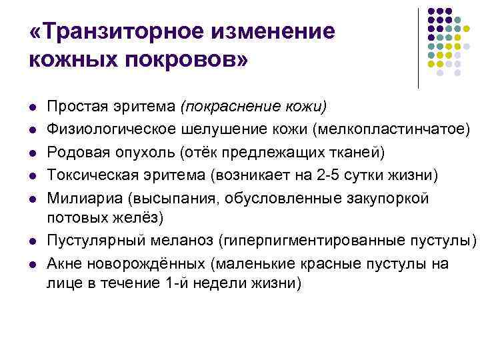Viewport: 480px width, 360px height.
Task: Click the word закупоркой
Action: coord(386,199)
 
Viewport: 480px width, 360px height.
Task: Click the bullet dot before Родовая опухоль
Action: coord(33,153)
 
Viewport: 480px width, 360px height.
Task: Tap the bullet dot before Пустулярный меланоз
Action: coord(33,241)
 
